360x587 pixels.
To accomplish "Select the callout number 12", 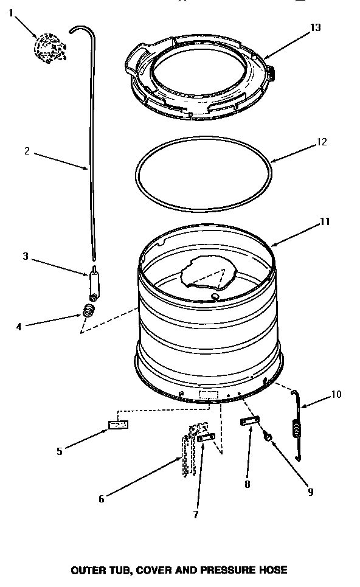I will tap(322, 142).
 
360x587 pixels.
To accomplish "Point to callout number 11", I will tap(325, 222).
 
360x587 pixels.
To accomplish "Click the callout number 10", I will tap(336, 394).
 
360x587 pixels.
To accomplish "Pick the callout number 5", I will tap(60, 451).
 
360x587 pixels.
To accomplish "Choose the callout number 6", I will tap(102, 499).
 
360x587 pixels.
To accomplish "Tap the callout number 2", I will tap(27, 152).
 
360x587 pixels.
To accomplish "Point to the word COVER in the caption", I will tap(154, 570).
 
